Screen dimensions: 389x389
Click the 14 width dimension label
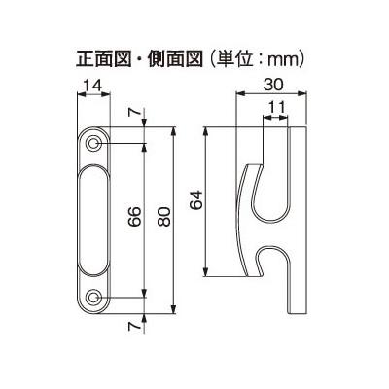[x=92, y=86]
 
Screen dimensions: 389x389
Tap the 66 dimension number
[x=134, y=216]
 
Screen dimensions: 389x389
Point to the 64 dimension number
[x=196, y=200]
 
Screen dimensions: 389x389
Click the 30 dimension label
[x=273, y=85]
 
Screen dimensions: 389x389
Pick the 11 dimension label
[x=276, y=107]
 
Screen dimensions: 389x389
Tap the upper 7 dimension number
[x=134, y=112]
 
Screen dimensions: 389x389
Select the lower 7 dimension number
[x=134, y=327]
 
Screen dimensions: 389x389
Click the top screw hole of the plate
[x=94, y=143]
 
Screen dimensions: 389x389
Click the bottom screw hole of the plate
[x=94, y=297]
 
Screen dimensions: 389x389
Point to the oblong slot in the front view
[x=93, y=221]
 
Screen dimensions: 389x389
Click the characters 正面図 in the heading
[x=103, y=59]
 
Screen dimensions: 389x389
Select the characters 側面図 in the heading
[x=175, y=59]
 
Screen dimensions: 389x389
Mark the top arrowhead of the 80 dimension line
[x=174, y=131]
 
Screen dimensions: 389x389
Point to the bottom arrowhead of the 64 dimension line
[x=205, y=272]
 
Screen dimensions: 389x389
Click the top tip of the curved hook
[x=255, y=164]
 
